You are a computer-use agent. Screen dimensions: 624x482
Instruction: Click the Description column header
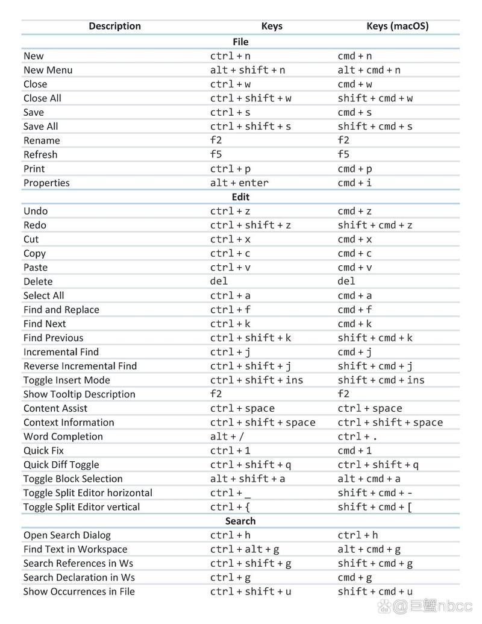pyautogui.click(x=114, y=26)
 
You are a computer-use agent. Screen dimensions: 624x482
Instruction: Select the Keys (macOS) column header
pyautogui.click(x=397, y=26)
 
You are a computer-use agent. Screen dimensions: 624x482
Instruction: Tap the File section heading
pyautogui.click(x=240, y=42)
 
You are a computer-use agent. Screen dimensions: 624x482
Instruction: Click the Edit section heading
pyautogui.click(x=240, y=197)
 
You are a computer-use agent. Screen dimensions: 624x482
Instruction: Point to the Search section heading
pyautogui.click(x=240, y=521)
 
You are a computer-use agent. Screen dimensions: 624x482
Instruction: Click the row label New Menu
pyautogui.click(x=48, y=70)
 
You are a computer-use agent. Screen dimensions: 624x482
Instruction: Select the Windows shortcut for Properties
pyautogui.click(x=239, y=183)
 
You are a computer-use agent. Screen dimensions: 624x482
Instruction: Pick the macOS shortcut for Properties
pyautogui.click(x=354, y=183)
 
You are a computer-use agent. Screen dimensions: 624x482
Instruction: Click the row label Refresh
pyautogui.click(x=40, y=154)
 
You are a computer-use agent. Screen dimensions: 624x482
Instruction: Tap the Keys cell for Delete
pyautogui.click(x=219, y=282)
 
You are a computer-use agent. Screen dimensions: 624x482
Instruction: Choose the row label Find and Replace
pyautogui.click(x=61, y=310)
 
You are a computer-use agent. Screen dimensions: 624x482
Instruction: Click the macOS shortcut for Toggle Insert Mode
pyautogui.click(x=381, y=380)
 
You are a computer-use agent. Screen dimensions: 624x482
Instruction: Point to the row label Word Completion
pyautogui.click(x=63, y=436)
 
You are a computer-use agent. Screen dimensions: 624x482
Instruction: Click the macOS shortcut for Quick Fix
pyautogui.click(x=354, y=450)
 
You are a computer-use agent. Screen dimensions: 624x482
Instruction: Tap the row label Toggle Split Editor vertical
pyautogui.click(x=81, y=507)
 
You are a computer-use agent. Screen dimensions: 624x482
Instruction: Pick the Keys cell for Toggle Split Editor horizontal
pyautogui.click(x=230, y=493)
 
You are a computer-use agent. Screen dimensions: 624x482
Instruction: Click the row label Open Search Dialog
pyautogui.click(x=67, y=535)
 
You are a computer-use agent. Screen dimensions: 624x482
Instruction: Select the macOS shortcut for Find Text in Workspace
pyautogui.click(x=369, y=549)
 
